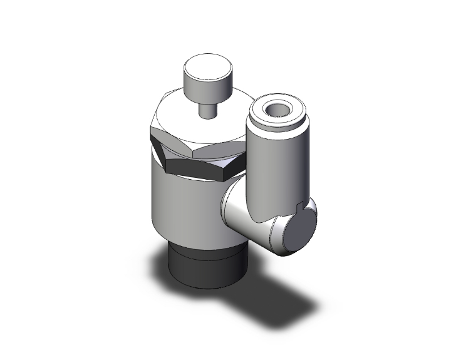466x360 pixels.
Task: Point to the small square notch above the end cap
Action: tap(299, 205)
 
